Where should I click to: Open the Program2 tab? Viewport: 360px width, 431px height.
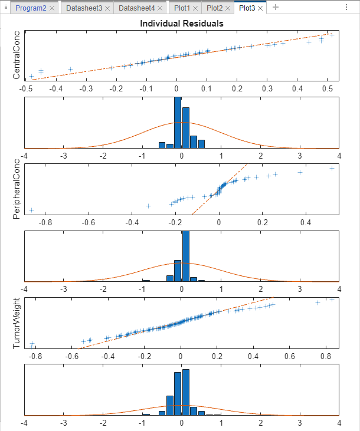31,8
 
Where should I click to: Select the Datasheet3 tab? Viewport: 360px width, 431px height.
83,8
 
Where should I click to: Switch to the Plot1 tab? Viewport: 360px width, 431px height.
183,8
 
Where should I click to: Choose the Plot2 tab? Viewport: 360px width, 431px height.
215,8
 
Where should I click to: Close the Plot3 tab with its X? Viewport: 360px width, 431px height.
260,8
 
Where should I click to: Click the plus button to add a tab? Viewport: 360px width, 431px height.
276,8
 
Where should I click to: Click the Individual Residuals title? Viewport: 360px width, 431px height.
181,24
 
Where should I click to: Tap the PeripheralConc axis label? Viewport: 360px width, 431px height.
17,189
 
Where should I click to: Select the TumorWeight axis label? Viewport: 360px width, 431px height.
17,323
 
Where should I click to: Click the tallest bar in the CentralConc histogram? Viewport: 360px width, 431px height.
178,123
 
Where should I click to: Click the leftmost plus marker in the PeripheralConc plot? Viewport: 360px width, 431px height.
32,210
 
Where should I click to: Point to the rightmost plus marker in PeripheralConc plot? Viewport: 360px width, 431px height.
332,168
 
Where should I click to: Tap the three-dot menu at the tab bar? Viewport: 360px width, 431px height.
346,8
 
